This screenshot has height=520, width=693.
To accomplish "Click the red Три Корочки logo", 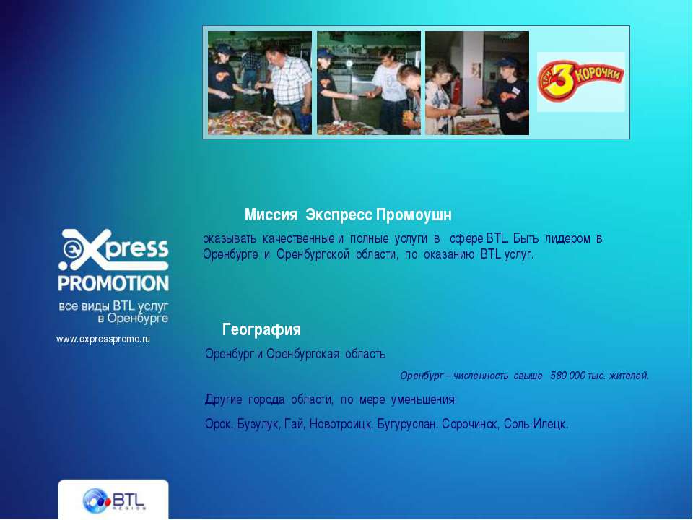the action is pos(580,81).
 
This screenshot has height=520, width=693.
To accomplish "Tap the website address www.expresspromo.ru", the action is pos(103,339).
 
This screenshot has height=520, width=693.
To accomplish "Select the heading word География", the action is pos(261,329).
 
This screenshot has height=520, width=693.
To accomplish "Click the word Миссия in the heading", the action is pos(271,215).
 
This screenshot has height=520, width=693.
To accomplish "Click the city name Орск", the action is pos(218,424).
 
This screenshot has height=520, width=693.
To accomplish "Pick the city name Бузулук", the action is pos(258,424).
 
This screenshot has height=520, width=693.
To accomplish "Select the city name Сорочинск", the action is pos(470,424).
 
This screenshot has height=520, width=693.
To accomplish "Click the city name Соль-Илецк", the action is pos(535,424).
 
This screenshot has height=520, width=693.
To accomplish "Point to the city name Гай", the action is pos(295,424).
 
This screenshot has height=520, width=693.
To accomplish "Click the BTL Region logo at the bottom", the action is pos(113,500).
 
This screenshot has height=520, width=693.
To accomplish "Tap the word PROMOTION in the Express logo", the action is pos(113,283).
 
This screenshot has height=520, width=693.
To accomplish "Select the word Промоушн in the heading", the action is pos(414,215).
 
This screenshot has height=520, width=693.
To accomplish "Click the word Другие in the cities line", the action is pos(223,399).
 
